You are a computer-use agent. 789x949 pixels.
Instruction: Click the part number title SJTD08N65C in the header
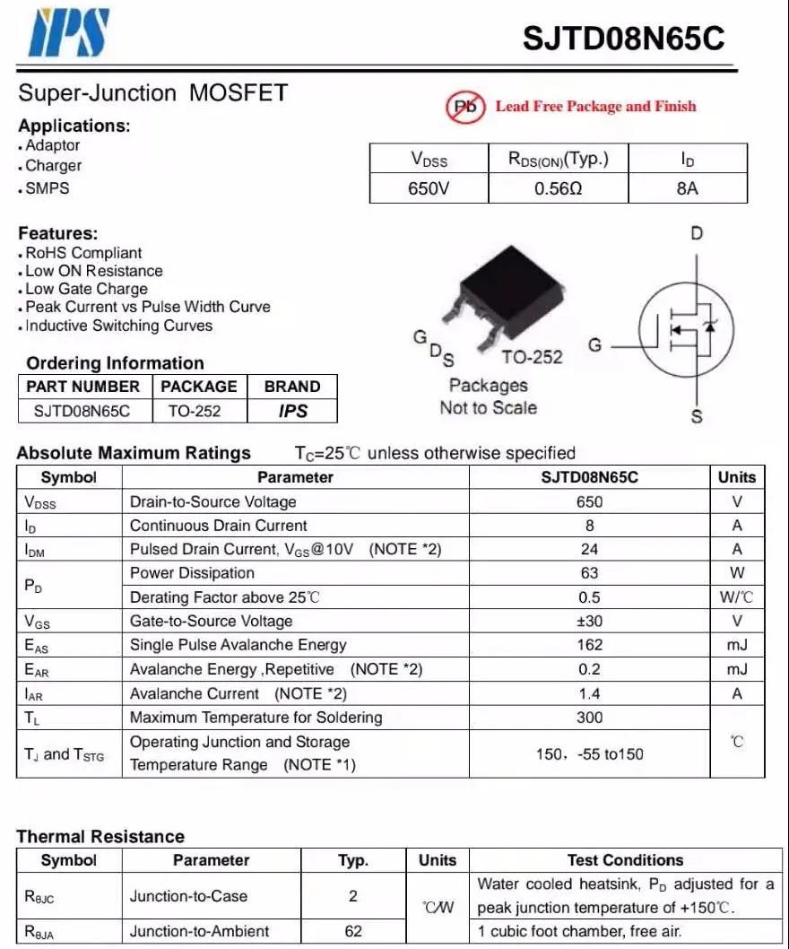point(623,39)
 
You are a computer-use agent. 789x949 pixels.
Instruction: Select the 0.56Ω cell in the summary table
point(558,189)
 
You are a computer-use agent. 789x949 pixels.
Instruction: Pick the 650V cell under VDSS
point(429,189)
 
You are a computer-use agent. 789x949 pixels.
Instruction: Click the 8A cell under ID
point(687,189)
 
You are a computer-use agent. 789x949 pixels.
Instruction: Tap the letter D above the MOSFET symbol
point(697,234)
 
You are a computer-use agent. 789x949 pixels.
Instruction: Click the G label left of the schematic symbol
point(594,345)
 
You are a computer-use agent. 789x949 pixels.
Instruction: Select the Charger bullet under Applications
point(53,166)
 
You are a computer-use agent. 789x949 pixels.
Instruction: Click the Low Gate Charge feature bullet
point(86,289)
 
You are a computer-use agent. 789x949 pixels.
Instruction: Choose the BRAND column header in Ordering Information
point(291,387)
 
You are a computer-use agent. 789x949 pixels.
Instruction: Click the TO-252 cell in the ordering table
point(194,411)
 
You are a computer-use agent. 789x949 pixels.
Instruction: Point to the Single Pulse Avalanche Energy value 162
point(589,645)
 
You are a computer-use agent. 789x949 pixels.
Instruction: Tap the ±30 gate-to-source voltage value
point(589,621)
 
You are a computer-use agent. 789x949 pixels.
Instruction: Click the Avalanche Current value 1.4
point(589,693)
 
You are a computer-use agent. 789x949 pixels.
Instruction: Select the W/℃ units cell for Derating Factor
point(736,597)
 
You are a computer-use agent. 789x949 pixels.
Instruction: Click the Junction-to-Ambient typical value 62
point(353,931)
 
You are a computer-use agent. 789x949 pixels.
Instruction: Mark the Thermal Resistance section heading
point(100,836)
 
